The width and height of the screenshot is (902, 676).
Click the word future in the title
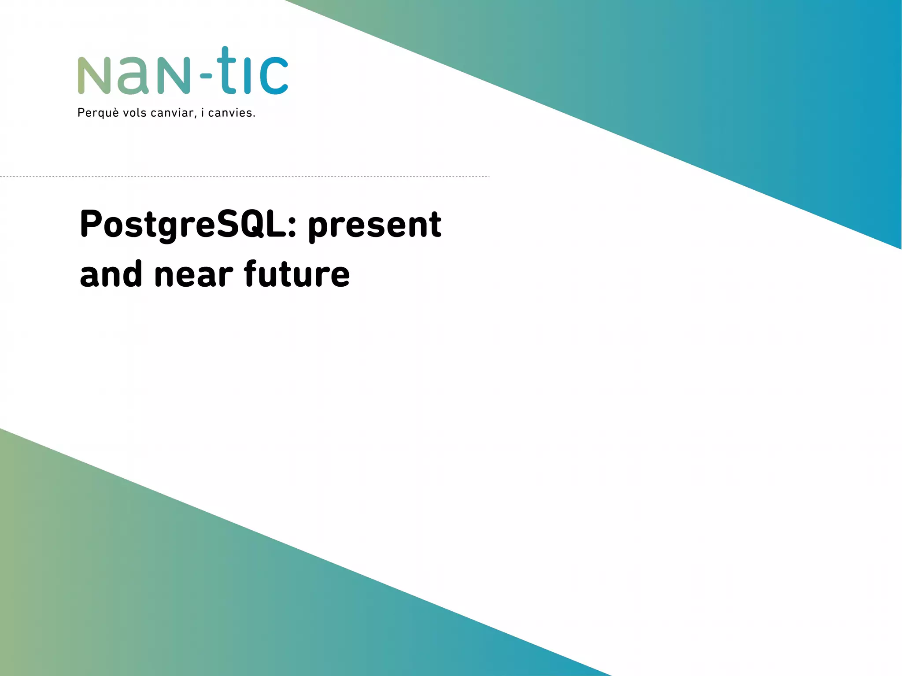tap(297, 274)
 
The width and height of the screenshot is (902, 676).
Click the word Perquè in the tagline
tap(98, 113)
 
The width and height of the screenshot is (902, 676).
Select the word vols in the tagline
tap(134, 113)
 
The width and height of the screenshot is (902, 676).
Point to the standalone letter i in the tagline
tap(202, 113)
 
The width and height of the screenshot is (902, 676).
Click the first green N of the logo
tap(94, 75)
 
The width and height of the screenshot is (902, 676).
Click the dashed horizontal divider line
tap(244, 176)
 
